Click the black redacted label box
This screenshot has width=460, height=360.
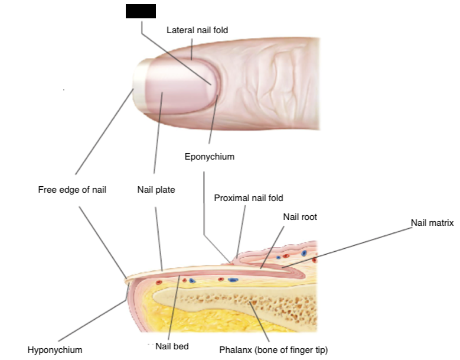(x=141, y=11)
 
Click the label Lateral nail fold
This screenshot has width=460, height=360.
(x=197, y=30)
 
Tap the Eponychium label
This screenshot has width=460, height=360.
(x=210, y=157)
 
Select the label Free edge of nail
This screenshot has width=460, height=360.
(x=72, y=190)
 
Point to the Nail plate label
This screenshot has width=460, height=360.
(x=156, y=190)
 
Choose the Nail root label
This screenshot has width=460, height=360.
(x=300, y=217)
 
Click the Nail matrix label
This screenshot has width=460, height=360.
(x=432, y=223)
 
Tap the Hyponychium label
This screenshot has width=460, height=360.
(x=55, y=349)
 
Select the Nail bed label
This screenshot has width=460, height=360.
(x=172, y=346)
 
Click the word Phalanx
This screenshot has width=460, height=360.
(x=234, y=349)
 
